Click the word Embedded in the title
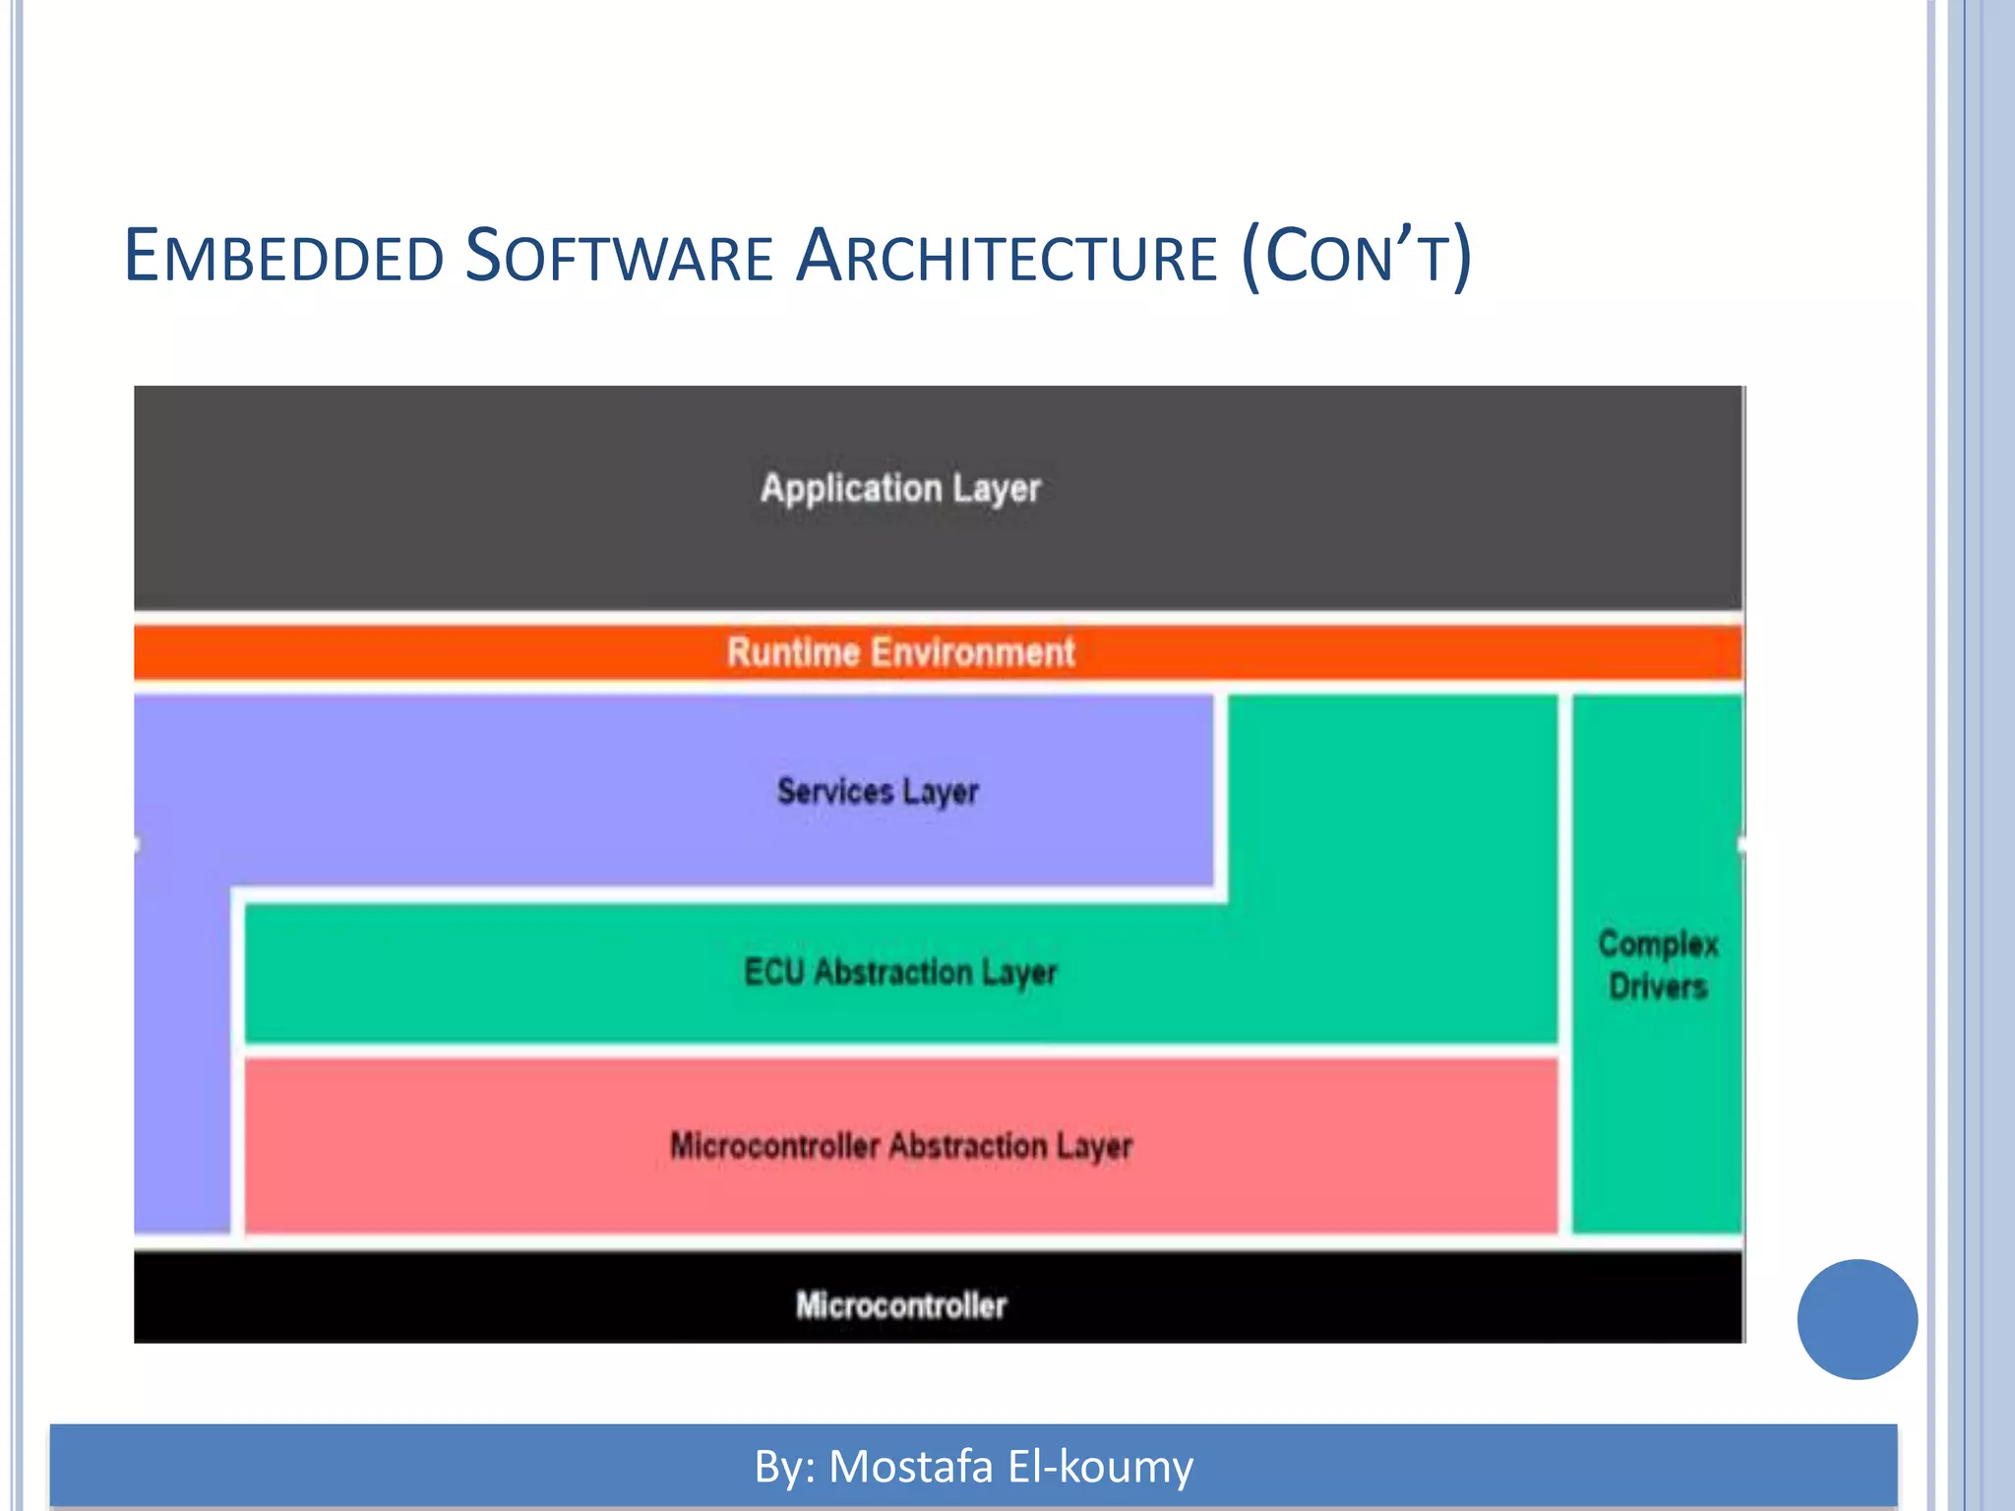tap(283, 256)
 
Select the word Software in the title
tap(618, 256)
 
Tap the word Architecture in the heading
tap(1006, 256)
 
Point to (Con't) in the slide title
tap(1356, 256)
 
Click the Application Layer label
tap(899, 489)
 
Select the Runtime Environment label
tap(900, 652)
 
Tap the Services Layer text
tap(878, 792)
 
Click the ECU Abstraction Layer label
tap(900, 973)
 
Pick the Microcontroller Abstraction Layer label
tap(900, 1146)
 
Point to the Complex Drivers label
tap(1658, 965)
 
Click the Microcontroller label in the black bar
tap(900, 1305)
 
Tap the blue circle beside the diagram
tap(1857, 1319)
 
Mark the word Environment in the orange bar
tap(973, 652)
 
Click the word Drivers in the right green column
tap(1658, 987)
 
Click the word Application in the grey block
tap(851, 489)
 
